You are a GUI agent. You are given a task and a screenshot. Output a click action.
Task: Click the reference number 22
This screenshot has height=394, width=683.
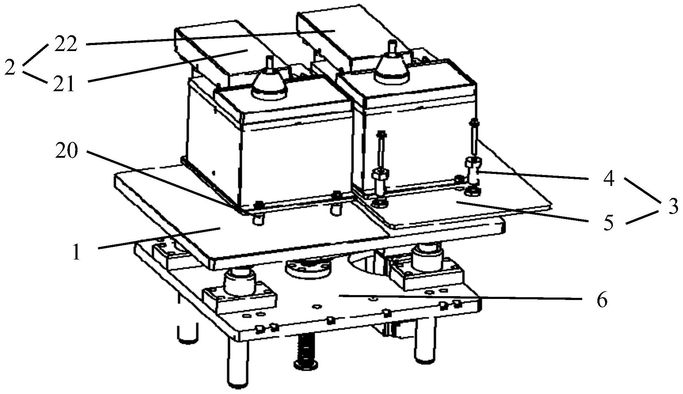[x=66, y=44]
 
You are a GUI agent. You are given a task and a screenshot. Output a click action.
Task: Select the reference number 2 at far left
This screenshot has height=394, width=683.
[x=10, y=67]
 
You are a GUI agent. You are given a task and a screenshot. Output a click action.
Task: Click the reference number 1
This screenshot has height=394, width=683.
[x=76, y=252]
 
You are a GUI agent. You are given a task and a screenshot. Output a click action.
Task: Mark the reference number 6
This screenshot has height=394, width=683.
[x=602, y=300]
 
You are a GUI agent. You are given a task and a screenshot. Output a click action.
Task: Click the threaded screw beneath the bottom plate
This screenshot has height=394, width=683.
[x=306, y=352]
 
